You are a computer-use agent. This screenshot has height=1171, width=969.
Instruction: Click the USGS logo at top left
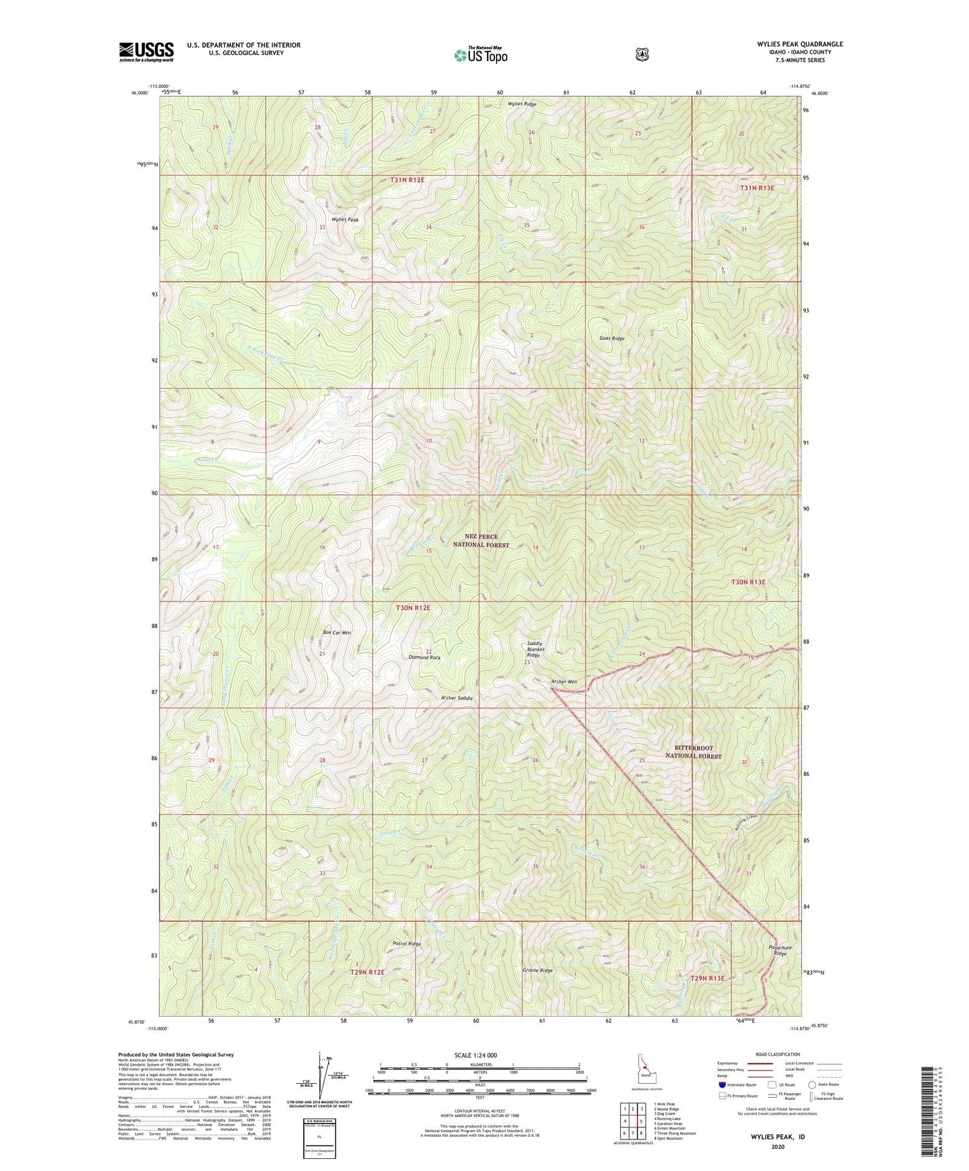pos(146,52)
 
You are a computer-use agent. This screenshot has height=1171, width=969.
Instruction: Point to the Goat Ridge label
pos(612,339)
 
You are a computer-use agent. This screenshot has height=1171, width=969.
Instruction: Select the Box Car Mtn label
pos(337,632)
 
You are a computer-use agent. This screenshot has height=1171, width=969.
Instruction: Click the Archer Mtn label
pos(563,682)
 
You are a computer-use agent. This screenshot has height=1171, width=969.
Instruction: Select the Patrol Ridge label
pos(406,944)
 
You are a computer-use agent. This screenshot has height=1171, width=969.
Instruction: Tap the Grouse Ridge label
pos(537,970)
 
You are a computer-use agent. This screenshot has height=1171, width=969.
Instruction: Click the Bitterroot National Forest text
pos(693,752)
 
